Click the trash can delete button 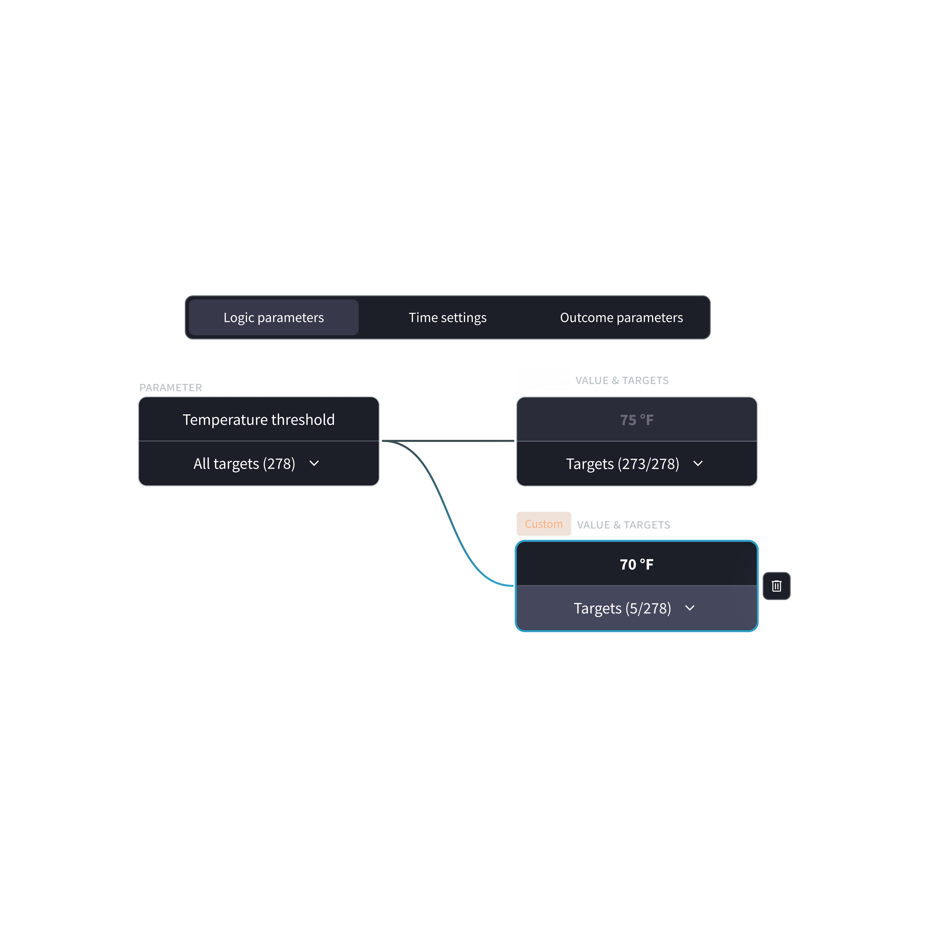click(777, 586)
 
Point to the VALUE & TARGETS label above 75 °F click(622, 380)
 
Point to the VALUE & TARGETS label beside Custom click(623, 525)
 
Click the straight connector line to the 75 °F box click(448, 440)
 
